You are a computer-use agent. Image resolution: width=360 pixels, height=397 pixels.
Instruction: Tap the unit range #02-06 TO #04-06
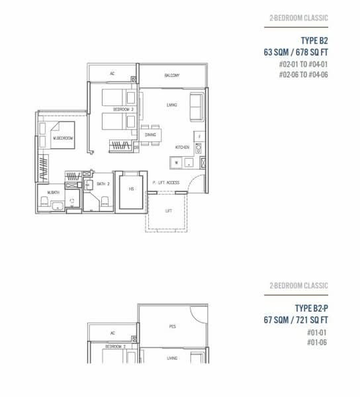pos(303,74)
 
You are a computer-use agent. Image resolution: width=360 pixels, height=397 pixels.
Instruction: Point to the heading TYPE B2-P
pos(310,308)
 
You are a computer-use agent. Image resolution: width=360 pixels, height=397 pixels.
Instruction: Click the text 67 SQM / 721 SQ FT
pos(295,320)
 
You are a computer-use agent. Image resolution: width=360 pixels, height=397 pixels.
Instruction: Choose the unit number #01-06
pos(317,342)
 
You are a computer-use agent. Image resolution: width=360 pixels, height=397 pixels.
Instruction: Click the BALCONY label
pos(172,75)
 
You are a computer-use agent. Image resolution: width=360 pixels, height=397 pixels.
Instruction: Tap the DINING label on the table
pos(150,134)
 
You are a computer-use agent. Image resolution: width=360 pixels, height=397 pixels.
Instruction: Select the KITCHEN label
pos(183,147)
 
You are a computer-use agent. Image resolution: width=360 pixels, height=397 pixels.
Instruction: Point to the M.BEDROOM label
pos(64,138)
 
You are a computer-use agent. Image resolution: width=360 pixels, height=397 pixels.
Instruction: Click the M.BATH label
pos(52,192)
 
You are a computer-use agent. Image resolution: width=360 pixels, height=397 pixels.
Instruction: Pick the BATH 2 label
pos(103,183)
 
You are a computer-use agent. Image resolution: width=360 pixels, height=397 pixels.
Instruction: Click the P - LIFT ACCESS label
pos(165,183)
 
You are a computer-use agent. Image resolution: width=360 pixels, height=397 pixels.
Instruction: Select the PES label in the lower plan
pos(172,326)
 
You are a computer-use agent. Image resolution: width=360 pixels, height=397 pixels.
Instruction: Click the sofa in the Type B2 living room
pos(197,106)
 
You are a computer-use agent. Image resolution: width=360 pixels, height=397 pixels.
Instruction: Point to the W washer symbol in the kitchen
pos(176,161)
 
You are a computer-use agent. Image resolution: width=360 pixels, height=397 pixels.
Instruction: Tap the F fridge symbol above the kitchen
pos(200,136)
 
